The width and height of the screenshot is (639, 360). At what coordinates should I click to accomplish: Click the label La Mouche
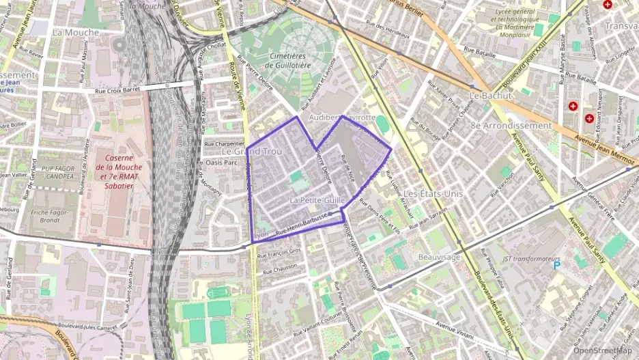[x=75, y=32]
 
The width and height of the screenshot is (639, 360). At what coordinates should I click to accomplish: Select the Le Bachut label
[x=490, y=96]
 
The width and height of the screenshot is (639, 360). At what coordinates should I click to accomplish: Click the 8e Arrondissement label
[x=511, y=126]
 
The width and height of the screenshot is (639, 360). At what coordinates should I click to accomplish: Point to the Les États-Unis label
[x=433, y=194]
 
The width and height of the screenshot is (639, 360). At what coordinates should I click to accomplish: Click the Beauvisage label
[x=439, y=257]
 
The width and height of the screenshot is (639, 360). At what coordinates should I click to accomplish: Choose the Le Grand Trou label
[x=252, y=151]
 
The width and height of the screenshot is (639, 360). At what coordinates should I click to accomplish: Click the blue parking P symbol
[x=557, y=265]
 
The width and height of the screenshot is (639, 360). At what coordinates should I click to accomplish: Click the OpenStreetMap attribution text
[x=602, y=350]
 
